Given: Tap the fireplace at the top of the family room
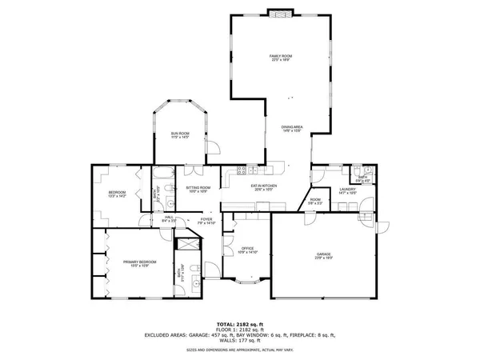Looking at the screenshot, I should (x=280, y=13).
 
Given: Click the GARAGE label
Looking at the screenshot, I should (x=322, y=256).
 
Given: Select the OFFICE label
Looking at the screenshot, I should (x=247, y=250).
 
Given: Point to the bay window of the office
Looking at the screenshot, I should (x=247, y=280).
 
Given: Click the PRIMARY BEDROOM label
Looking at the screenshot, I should (x=139, y=263).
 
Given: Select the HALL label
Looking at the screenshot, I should (x=169, y=218).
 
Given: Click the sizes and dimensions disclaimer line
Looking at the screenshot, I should (x=240, y=350).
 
